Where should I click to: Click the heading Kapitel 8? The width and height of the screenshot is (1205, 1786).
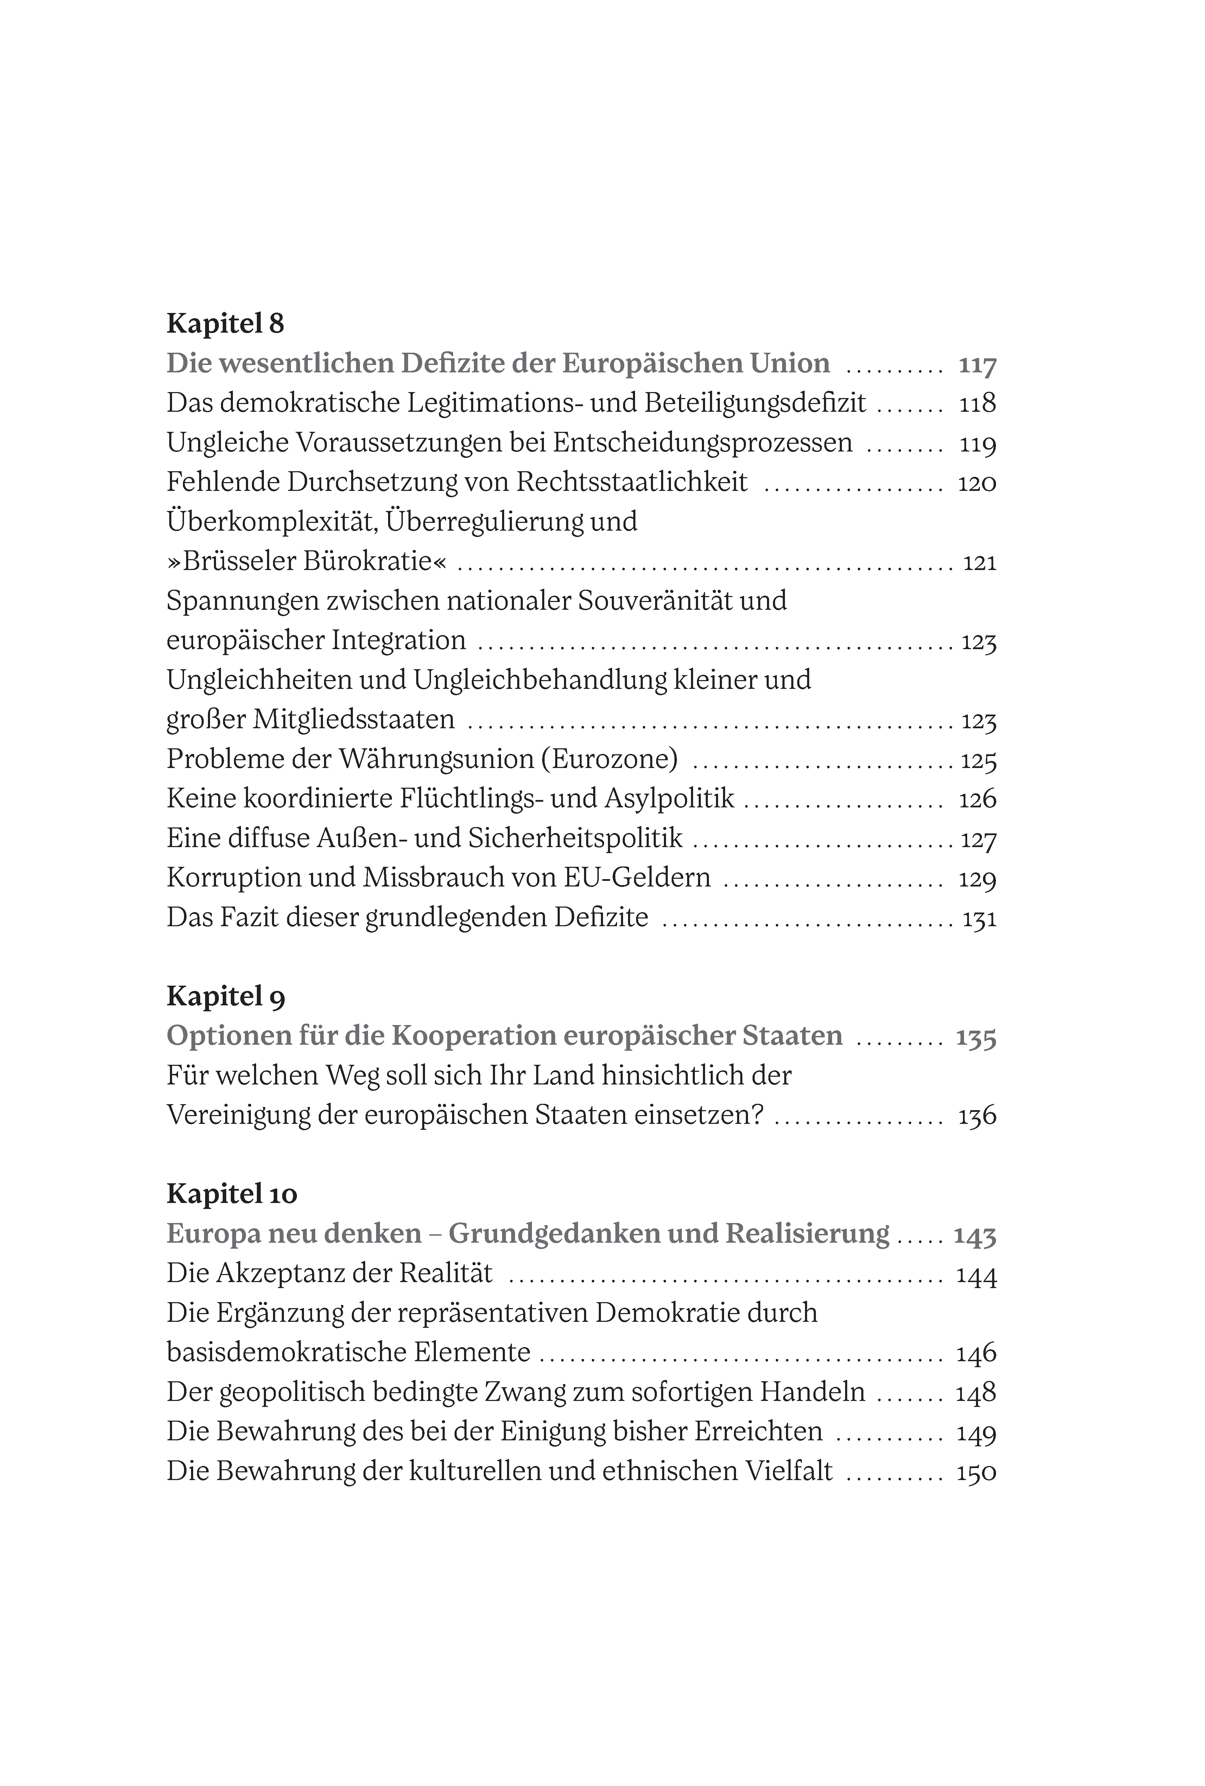(x=225, y=324)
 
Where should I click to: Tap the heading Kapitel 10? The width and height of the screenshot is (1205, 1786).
(x=231, y=1194)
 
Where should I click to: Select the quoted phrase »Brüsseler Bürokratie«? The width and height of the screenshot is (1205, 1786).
(x=306, y=562)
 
